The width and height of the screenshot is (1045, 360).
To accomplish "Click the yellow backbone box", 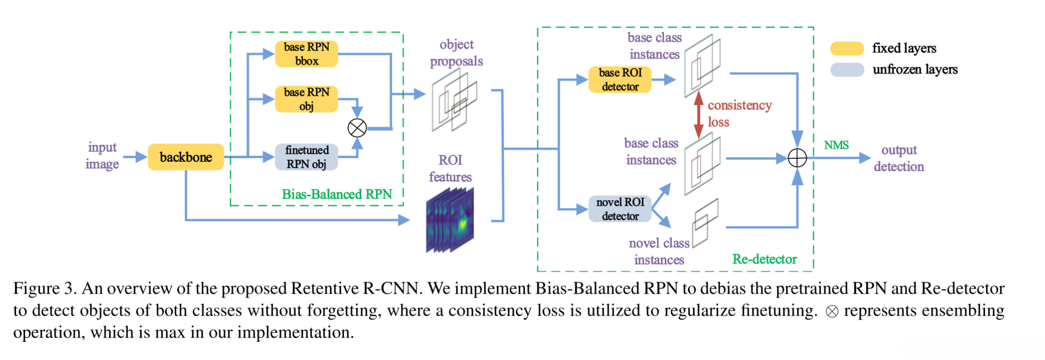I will [x=186, y=157].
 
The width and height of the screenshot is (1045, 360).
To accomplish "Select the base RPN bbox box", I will [x=307, y=54].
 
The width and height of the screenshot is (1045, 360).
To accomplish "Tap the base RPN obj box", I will [x=307, y=99].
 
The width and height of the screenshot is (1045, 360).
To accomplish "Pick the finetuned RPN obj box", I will [x=307, y=157].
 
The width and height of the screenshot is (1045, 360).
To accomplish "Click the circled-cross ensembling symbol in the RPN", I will [x=357, y=128].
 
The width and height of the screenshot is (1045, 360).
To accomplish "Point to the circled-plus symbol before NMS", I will [x=797, y=158].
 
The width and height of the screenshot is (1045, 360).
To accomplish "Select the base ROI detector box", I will [x=620, y=80].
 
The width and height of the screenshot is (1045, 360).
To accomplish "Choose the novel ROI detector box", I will [x=620, y=209].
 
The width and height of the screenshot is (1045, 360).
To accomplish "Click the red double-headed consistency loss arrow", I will [x=698, y=114].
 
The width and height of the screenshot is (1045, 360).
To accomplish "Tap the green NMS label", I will [x=836, y=145].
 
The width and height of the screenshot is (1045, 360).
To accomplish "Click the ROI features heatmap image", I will [x=450, y=220].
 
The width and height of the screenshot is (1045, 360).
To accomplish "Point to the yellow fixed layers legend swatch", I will [x=847, y=48].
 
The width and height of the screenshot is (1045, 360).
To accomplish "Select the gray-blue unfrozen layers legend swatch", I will [x=847, y=69].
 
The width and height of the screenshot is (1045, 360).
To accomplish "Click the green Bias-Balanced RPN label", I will [x=337, y=194].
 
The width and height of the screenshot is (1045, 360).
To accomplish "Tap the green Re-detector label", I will [x=764, y=259].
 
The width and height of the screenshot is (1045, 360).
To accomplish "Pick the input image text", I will [x=102, y=156].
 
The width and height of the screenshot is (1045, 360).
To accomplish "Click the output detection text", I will [x=899, y=158].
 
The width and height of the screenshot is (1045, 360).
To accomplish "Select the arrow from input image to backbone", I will [x=134, y=157].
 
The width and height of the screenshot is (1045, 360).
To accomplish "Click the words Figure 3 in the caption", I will [x=43, y=289].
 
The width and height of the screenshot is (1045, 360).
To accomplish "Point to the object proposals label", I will [x=456, y=53].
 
